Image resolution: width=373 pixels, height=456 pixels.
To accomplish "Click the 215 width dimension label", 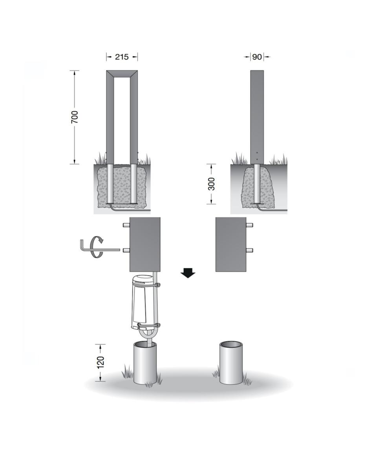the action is tap(122, 57).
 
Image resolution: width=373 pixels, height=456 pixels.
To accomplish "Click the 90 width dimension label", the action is tap(257, 57).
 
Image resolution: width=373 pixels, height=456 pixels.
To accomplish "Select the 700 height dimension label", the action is tap(75, 117).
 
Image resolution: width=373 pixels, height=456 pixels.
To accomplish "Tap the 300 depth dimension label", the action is tap(212, 184).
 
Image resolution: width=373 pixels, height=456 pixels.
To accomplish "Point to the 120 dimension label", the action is tap(100, 362).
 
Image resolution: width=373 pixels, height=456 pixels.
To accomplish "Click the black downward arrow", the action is tap(188, 273).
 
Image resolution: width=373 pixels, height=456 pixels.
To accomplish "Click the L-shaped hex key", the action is tap(99, 249).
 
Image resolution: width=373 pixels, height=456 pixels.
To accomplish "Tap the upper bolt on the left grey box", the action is tap(126, 225).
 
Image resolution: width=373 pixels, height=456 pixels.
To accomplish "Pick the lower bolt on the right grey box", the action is tap(249, 250).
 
